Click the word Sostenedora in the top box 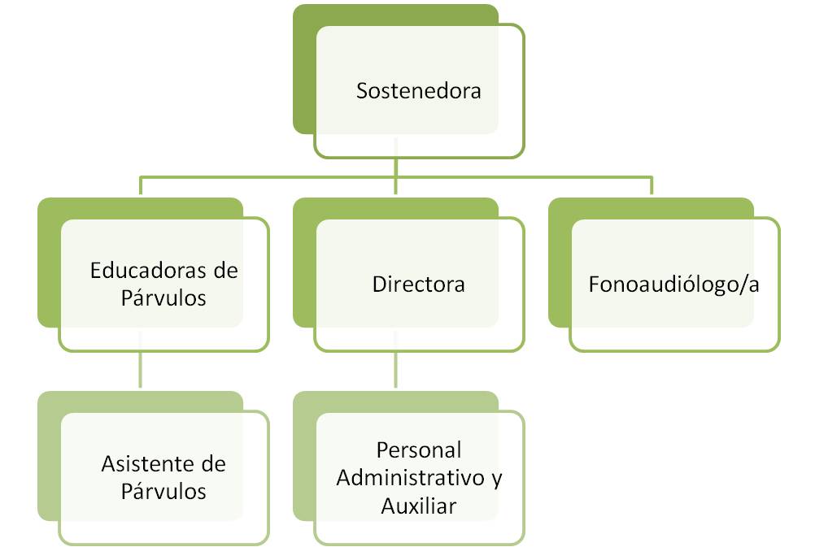tap(418, 90)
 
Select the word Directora tap(418, 284)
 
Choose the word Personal tap(419, 449)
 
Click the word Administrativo tap(412, 477)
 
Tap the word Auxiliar tap(419, 505)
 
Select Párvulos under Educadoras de tap(163, 297)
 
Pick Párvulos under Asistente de tap(163, 492)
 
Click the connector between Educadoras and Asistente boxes tap(141, 371)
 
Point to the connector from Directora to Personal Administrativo tap(396, 371)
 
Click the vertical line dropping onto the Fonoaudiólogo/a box tap(652, 186)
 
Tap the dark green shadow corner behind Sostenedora tap(303, 16)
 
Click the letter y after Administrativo tap(497, 479)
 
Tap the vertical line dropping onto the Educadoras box tap(141, 186)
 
